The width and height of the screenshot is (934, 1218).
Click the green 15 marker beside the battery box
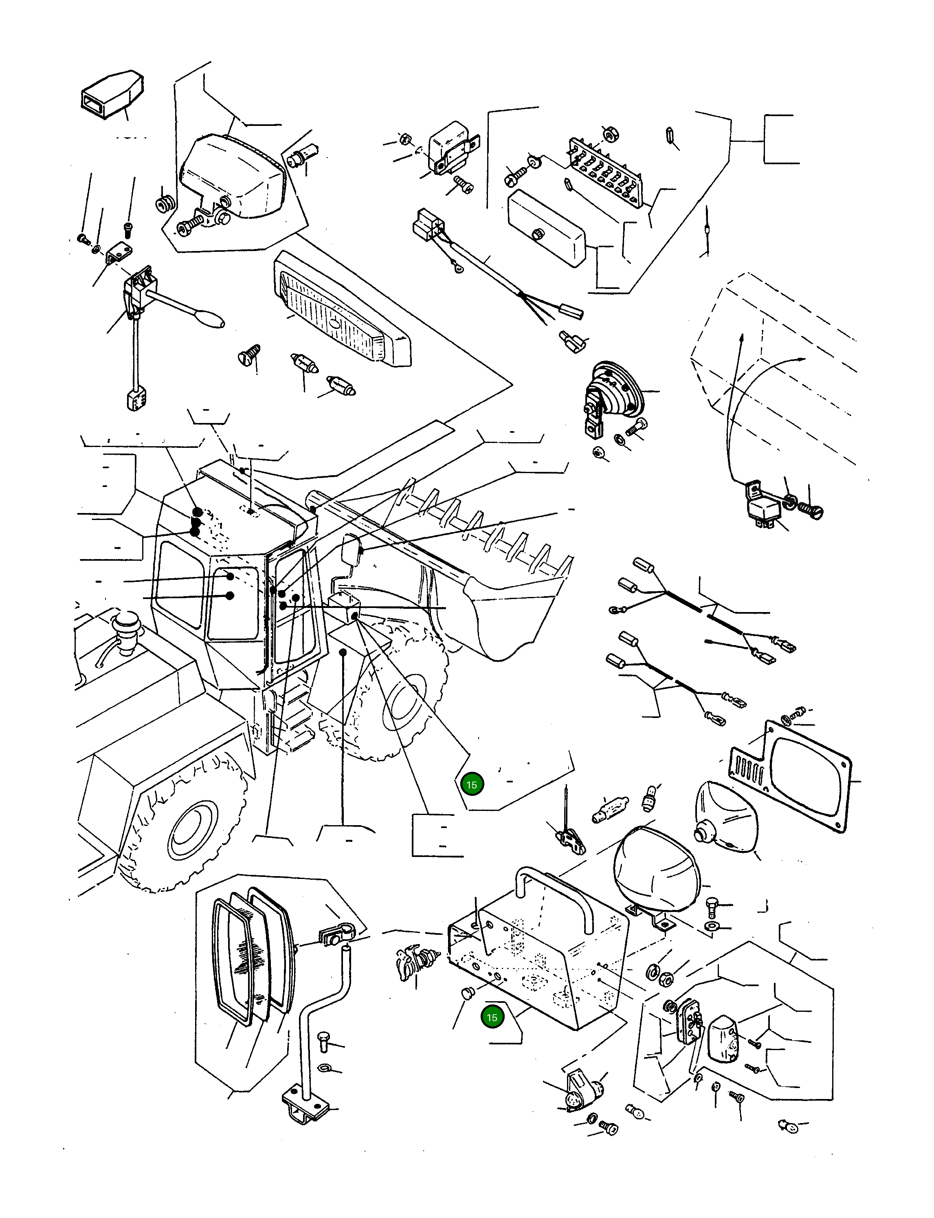(x=492, y=1018)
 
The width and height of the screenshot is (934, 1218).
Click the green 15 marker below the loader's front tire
(x=471, y=785)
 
